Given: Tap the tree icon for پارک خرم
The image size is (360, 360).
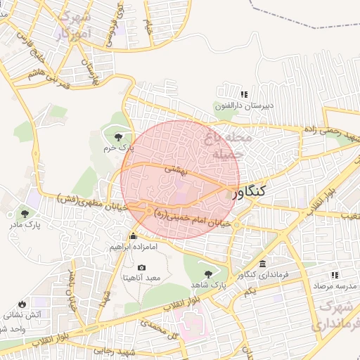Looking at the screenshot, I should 117,136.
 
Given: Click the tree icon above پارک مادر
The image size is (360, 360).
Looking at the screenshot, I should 26,213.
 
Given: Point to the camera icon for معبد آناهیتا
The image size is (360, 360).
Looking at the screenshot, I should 141,268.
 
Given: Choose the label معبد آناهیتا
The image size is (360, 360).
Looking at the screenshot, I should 142,278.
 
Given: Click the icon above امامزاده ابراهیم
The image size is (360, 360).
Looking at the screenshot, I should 133,236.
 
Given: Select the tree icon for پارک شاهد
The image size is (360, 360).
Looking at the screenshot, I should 207,274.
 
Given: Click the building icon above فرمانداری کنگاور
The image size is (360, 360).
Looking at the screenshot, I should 262,264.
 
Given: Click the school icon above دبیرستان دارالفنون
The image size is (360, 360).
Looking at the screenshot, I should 244,94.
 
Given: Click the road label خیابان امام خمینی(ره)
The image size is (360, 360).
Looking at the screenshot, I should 190,219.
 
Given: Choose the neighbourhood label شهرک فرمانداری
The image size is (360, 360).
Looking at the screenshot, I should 338,316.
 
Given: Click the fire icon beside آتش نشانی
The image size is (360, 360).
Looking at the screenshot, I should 22,304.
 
